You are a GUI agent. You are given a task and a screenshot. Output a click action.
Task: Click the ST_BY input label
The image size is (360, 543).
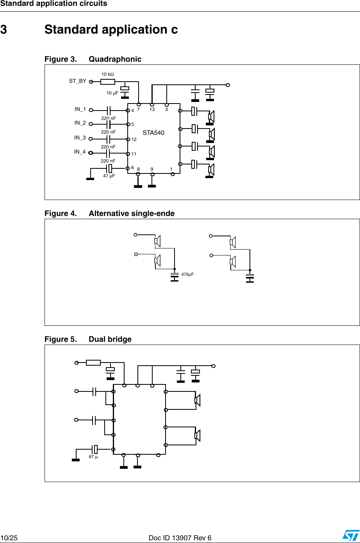(77, 81)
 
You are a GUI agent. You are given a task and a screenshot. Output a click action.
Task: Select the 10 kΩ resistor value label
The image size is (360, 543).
(108, 74)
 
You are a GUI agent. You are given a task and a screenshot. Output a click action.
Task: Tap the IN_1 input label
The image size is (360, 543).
(80, 109)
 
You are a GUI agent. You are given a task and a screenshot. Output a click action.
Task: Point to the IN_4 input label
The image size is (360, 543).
(80, 152)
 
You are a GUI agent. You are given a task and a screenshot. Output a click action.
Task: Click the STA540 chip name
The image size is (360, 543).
(153, 133)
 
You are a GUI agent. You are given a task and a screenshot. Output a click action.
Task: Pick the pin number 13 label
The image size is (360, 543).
(152, 110)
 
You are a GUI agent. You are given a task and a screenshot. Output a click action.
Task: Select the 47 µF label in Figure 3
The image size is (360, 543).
(109, 176)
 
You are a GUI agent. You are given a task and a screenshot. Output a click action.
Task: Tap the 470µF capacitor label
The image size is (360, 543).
(187, 275)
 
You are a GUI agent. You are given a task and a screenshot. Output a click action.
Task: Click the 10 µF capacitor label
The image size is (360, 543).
(112, 93)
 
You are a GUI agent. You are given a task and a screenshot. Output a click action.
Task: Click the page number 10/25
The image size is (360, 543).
(9, 538)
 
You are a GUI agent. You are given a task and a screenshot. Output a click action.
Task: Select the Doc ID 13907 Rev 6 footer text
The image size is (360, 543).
(180, 538)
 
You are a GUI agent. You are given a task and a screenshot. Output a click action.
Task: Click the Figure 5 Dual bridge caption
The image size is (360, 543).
(88, 339)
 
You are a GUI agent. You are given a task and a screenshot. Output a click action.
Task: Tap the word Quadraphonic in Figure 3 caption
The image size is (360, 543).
(115, 59)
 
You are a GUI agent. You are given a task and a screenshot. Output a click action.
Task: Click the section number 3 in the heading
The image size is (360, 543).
(4, 30)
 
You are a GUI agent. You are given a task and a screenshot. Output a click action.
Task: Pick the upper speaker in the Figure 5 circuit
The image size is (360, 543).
(197, 400)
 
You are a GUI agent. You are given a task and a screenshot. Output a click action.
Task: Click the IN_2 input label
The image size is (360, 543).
(80, 123)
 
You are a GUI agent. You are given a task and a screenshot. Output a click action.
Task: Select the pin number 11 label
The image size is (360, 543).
(134, 154)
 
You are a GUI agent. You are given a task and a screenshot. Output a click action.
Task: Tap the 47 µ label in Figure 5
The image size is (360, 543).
(93, 457)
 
